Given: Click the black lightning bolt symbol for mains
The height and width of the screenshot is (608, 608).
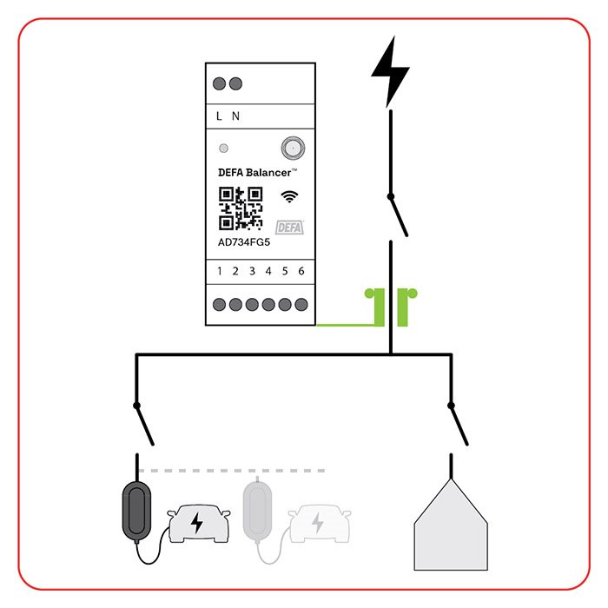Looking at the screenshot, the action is tap(390, 72).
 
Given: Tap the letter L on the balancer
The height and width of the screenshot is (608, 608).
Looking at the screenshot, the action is tap(219, 116).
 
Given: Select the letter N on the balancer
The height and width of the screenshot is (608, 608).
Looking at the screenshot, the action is tap(235, 116).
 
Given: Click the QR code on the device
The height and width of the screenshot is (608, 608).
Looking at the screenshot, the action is tap(241, 208).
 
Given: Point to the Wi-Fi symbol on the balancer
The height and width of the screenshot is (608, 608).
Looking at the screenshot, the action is tap(289, 196).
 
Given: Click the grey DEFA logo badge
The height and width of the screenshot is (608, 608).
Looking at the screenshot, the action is tap(289, 228).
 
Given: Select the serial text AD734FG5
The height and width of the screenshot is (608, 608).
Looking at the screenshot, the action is tap(244, 242).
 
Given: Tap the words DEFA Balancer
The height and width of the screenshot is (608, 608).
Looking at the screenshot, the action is tap(254, 173).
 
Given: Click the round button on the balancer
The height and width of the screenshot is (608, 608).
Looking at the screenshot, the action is tap(293, 148).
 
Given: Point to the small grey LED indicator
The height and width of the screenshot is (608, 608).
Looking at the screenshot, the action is tap(224, 149).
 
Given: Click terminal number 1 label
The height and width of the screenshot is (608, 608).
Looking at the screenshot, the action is tap(220, 271).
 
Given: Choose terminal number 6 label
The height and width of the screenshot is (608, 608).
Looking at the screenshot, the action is tap(301, 271).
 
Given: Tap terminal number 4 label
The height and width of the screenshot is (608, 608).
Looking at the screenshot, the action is tap(268, 271).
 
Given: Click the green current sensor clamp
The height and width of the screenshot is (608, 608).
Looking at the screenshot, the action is tap(391, 307).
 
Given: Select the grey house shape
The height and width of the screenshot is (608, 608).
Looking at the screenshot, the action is tap(451, 525).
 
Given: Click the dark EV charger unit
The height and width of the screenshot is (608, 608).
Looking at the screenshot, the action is tap(136, 511).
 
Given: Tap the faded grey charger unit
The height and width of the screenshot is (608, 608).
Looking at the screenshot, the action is tap(257, 511).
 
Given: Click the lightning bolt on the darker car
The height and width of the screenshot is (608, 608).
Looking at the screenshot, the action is tap(196, 523).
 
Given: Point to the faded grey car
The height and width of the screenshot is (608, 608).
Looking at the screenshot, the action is tap(320, 524).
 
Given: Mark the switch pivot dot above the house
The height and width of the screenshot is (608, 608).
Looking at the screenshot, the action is tap(451, 406).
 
